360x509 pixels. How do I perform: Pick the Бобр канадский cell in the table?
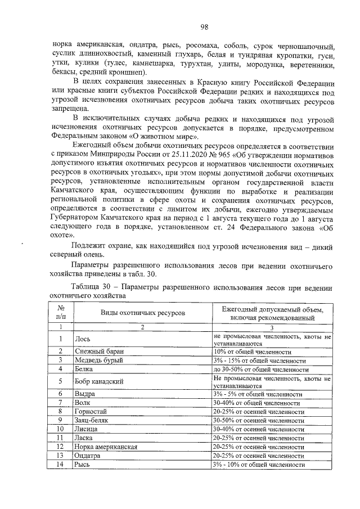tap(99, 382)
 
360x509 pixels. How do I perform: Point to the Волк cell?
tap(83, 403)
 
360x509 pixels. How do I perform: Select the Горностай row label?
tap(91, 412)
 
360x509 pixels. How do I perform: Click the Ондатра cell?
tap(89, 456)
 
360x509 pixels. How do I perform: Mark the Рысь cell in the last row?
tap(83, 465)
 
